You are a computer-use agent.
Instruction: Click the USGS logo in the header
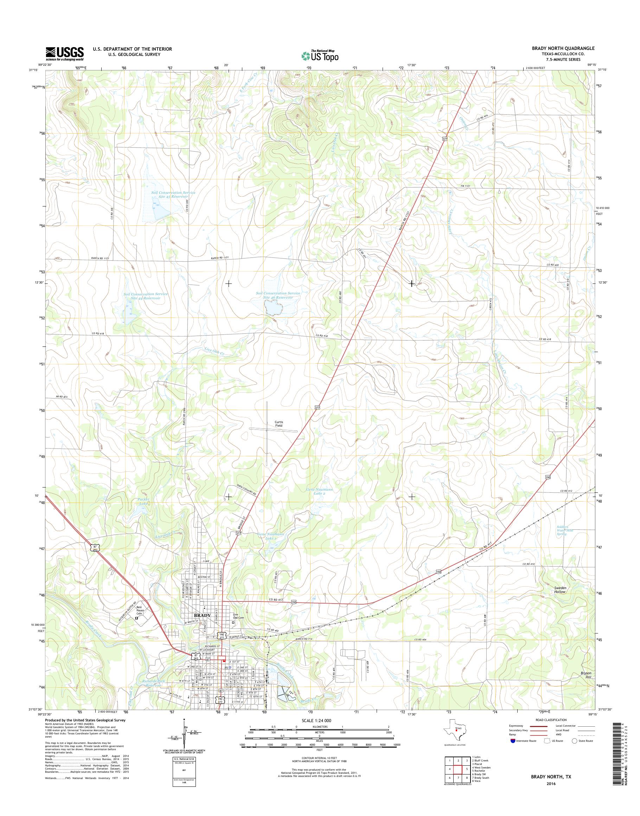pyautogui.click(x=64, y=53)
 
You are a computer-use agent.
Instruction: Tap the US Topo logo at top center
pyautogui.click(x=320, y=56)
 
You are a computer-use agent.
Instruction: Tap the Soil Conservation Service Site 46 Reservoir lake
pyautogui.click(x=273, y=308)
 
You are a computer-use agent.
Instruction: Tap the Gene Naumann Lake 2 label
pyautogui.click(x=319, y=491)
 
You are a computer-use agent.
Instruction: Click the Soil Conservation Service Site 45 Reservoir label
pyautogui.click(x=173, y=194)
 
